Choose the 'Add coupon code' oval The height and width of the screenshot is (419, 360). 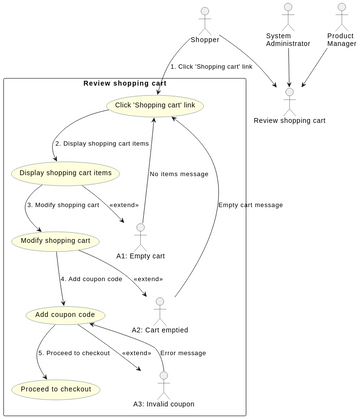point(64,315)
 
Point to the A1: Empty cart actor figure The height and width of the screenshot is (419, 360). point(140,234)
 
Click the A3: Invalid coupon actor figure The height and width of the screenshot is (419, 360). point(163,382)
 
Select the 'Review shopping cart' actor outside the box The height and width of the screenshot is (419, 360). point(289,101)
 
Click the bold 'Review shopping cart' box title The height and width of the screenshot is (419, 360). point(124,83)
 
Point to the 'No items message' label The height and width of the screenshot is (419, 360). point(179,174)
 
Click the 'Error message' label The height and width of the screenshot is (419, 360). point(183,353)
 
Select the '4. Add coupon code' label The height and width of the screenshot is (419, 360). point(91,279)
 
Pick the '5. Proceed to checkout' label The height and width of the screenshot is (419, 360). point(75,353)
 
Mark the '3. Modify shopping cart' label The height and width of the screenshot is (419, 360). point(63,205)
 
